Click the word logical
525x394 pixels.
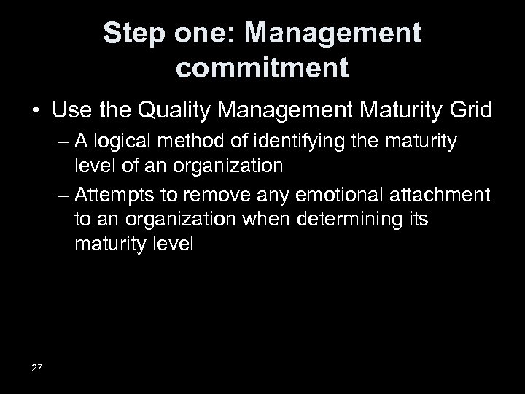tap(127, 141)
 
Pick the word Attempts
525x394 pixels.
tap(112, 196)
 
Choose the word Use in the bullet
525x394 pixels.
tap(68, 111)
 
